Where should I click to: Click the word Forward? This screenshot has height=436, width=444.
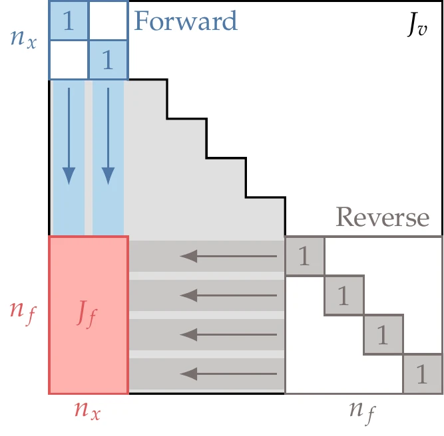tap(186, 21)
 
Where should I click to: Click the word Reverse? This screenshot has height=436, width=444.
tap(383, 217)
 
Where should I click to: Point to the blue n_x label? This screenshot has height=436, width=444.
tap(24, 38)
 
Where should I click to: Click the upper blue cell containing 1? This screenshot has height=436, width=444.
tap(68, 21)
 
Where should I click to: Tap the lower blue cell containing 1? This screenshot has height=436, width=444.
tap(107, 61)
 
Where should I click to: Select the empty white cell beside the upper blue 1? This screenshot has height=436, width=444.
tap(107, 21)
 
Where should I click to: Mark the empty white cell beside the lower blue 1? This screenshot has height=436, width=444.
tap(68, 61)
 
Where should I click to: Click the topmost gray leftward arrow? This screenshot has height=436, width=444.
tap(229, 255)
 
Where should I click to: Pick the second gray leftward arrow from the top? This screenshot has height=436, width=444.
tap(229, 294)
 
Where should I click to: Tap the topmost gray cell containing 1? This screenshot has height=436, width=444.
tap(304, 256)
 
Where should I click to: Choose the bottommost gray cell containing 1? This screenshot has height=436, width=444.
tap(422, 374)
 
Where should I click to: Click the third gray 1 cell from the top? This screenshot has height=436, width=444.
tap(383, 335)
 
